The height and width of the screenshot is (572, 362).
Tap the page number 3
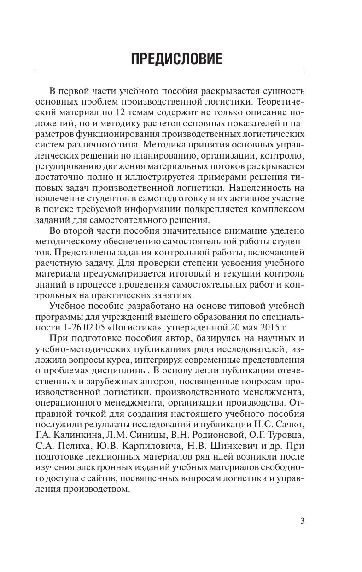[x=302, y=521]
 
